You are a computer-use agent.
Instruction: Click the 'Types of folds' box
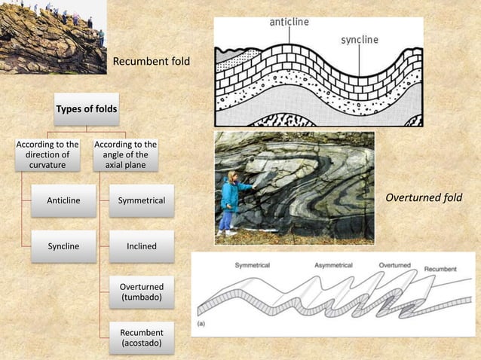[87, 109]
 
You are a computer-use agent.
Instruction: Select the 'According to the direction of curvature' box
[47, 155]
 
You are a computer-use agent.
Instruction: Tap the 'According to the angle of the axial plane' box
[125, 155]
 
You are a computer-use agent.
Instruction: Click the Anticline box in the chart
[63, 200]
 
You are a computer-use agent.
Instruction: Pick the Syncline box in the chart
[63, 246]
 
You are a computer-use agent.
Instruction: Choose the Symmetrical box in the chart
[142, 200]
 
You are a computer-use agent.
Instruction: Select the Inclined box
[142, 246]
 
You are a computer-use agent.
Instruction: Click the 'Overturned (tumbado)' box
[142, 292]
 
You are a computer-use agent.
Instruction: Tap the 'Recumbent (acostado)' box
[142, 338]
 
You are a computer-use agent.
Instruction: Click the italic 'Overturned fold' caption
[423, 198]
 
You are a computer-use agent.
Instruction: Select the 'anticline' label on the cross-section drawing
[290, 23]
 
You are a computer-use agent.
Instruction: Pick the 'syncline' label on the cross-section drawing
[359, 39]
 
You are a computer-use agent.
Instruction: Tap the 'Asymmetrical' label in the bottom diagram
[336, 266]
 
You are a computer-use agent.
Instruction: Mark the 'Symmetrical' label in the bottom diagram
[253, 266]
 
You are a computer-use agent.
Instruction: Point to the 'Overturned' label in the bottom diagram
[394, 266]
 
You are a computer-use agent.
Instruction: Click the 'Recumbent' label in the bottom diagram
[440, 269]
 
